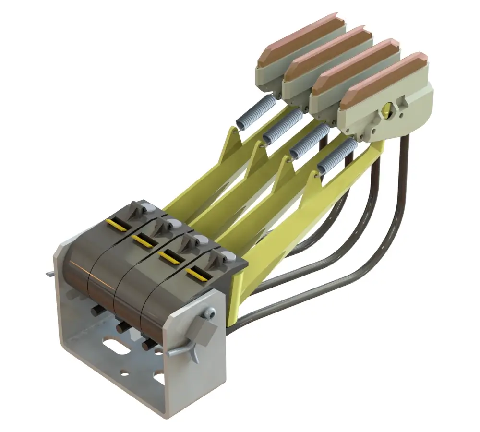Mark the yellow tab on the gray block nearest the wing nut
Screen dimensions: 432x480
click(198, 274)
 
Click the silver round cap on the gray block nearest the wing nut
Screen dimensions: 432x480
click(230, 258)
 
